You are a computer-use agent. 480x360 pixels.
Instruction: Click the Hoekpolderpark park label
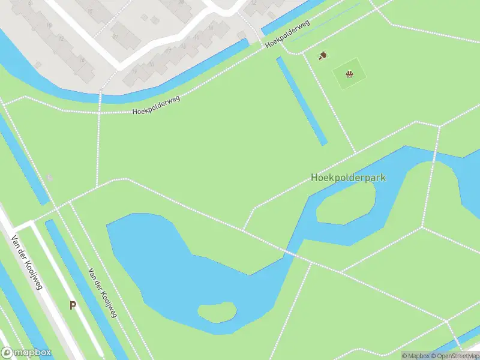click(348, 178)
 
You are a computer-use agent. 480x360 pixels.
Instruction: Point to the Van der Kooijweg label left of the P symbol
click(26, 262)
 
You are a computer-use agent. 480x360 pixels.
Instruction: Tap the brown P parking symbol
click(73, 305)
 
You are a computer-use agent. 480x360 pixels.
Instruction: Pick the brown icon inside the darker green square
click(349, 74)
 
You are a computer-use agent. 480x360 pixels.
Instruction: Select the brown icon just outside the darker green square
click(322, 56)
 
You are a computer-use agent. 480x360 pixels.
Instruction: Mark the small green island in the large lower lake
click(217, 311)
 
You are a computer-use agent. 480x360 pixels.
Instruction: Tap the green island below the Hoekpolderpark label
click(346, 203)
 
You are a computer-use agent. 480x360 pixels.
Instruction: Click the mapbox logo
click(26, 353)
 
